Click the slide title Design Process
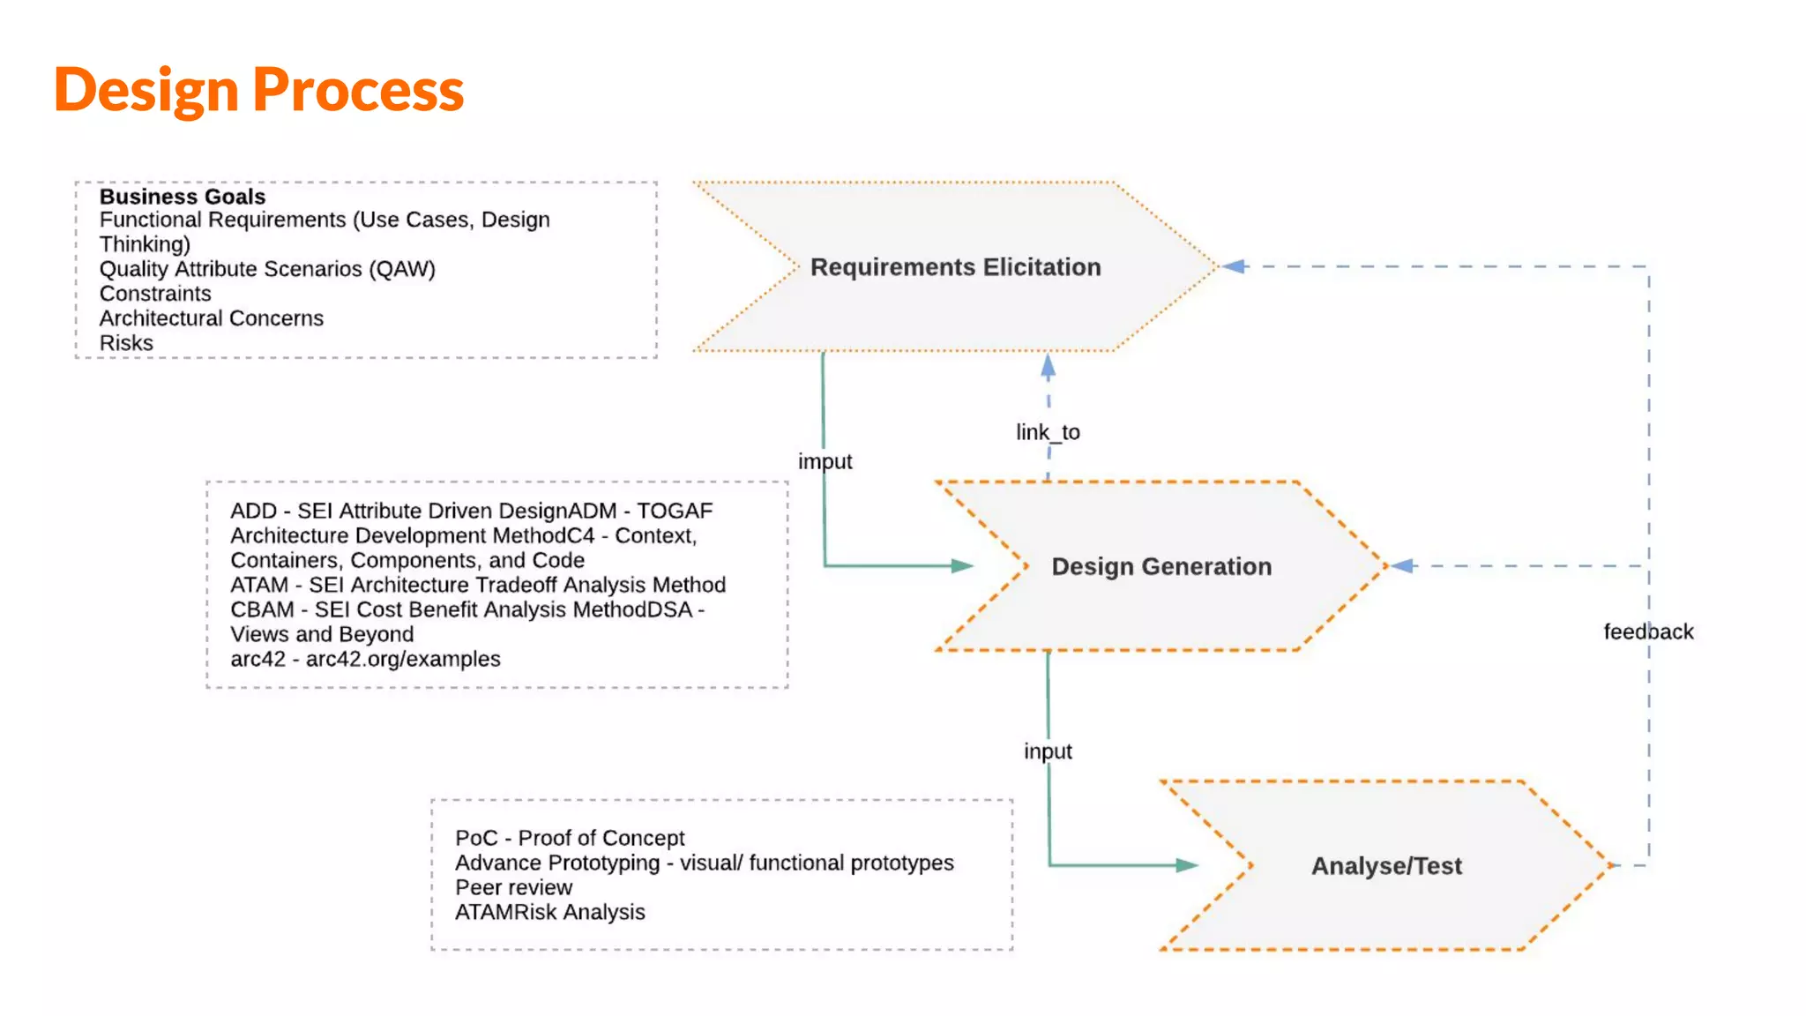click(258, 90)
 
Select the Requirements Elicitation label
click(955, 267)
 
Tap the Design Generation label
click(1160, 566)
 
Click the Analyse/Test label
click(1385, 866)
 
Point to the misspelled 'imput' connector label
click(825, 461)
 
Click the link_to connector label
click(1047, 432)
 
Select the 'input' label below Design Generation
click(1047, 751)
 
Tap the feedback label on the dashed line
click(1647, 631)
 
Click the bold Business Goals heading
click(182, 196)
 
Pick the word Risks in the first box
click(126, 343)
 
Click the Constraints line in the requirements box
click(155, 294)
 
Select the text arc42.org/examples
click(403, 659)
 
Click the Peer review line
click(513, 887)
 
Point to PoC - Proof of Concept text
click(570, 838)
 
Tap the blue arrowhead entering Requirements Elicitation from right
click(1234, 266)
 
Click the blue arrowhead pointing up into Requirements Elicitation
click(1048, 367)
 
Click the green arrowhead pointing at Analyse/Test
click(1186, 865)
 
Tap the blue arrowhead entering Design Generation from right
click(1403, 565)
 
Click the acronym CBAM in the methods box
click(262, 609)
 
